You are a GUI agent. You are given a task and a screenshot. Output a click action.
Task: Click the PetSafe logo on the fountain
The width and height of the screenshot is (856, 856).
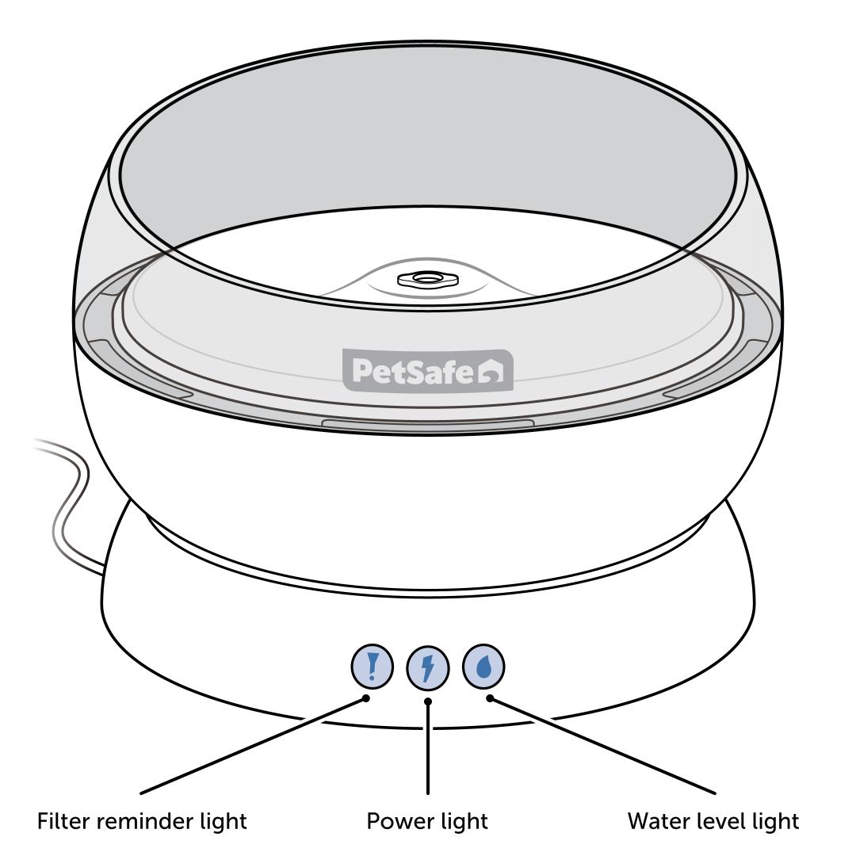tap(428, 370)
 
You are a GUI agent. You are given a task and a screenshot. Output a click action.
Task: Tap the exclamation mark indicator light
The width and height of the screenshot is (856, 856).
tap(372, 667)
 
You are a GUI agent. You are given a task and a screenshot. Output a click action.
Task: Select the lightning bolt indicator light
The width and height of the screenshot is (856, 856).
tap(428, 668)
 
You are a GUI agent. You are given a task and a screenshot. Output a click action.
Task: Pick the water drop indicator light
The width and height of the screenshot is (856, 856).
tap(483, 667)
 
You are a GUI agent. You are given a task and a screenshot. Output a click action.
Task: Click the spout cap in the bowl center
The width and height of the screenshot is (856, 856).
tap(427, 280)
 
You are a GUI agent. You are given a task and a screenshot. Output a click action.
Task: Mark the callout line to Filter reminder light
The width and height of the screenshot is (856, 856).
tap(253, 745)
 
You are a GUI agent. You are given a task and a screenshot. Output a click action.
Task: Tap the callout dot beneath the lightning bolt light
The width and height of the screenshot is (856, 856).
tap(428, 701)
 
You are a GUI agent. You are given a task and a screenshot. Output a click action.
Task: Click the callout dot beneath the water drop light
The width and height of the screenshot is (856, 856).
tap(490, 698)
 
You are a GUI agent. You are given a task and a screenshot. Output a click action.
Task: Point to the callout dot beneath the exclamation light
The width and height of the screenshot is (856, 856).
tap(366, 698)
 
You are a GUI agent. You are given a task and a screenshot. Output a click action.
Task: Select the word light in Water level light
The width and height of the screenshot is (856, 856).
tap(774, 822)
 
